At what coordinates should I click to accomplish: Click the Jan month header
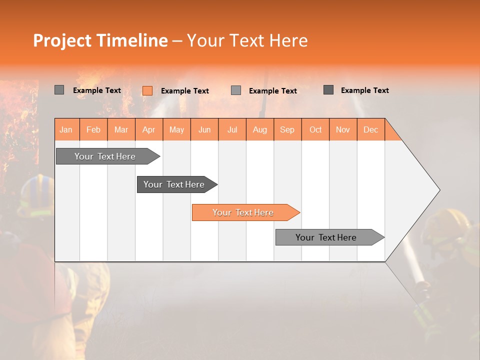coord(66,129)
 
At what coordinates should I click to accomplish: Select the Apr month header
coord(148,129)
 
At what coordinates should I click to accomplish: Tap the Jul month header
coord(232,129)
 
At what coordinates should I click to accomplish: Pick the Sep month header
coord(287,129)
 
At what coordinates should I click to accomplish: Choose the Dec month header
coord(370,129)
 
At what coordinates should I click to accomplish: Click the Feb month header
coord(93,129)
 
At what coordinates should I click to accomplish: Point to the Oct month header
coord(315,129)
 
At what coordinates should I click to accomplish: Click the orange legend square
coord(147,90)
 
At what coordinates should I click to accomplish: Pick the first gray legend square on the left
coord(59,90)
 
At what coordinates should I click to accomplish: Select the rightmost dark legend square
coord(328,90)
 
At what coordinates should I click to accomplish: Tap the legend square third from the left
coord(236,90)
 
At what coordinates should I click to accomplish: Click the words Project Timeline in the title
coord(100,40)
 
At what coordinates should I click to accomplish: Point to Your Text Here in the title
coord(247,40)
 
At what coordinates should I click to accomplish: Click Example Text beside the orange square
coord(184,91)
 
